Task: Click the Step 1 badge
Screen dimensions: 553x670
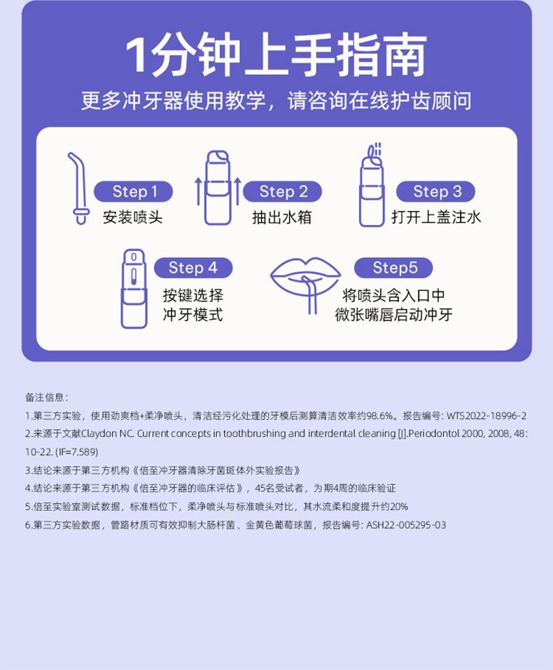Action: click(x=133, y=191)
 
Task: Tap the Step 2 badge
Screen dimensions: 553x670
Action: click(x=283, y=191)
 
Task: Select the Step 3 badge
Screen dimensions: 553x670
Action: click(x=435, y=191)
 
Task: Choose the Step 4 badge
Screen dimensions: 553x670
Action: click(x=193, y=268)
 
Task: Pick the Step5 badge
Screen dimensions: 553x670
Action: click(x=393, y=268)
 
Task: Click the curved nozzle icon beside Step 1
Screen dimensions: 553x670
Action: click(x=79, y=188)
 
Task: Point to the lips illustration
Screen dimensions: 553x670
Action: click(x=305, y=280)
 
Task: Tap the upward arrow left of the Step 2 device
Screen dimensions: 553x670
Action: click(x=198, y=198)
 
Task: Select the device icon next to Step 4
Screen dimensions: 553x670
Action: click(x=134, y=289)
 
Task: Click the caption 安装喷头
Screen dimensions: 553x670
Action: click(x=133, y=217)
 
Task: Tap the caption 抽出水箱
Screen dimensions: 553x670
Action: click(x=282, y=217)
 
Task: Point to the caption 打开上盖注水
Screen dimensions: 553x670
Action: click(x=436, y=217)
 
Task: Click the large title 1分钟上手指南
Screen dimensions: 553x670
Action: click(x=276, y=55)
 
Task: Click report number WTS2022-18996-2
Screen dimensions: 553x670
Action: click(x=486, y=416)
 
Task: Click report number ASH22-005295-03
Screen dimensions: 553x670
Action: click(x=406, y=525)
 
